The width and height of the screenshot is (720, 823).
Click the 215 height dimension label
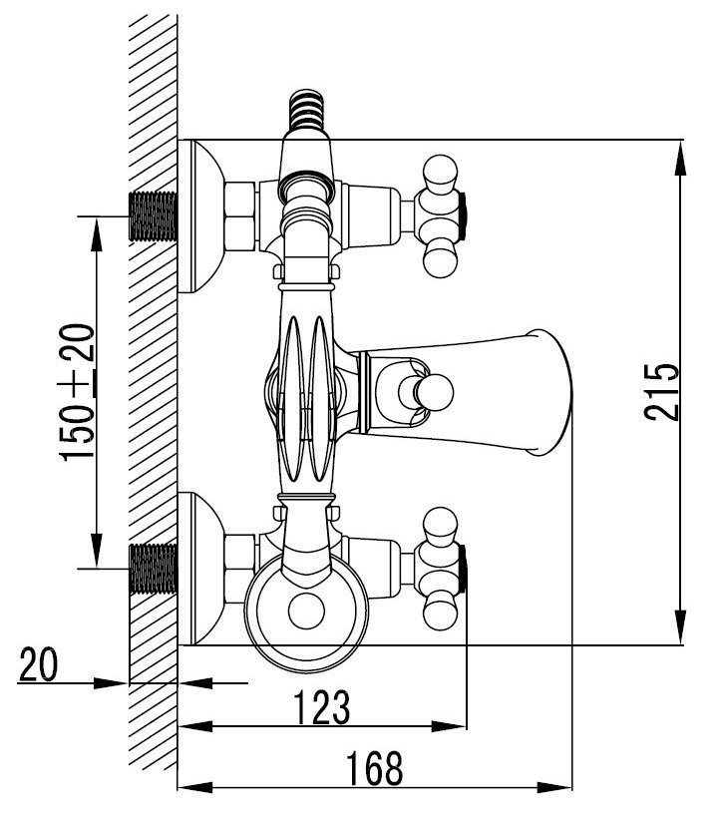click(x=662, y=392)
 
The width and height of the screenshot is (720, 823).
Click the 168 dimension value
click(x=375, y=769)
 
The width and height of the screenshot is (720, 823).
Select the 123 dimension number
click(x=321, y=707)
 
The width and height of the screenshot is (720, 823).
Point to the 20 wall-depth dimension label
click(x=38, y=665)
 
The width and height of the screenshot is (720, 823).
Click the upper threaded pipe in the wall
click(x=154, y=216)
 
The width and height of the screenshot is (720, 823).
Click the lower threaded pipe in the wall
click(x=154, y=569)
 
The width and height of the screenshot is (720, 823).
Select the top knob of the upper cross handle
click(x=440, y=173)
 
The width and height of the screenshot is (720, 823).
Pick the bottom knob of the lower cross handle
click(x=440, y=612)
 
